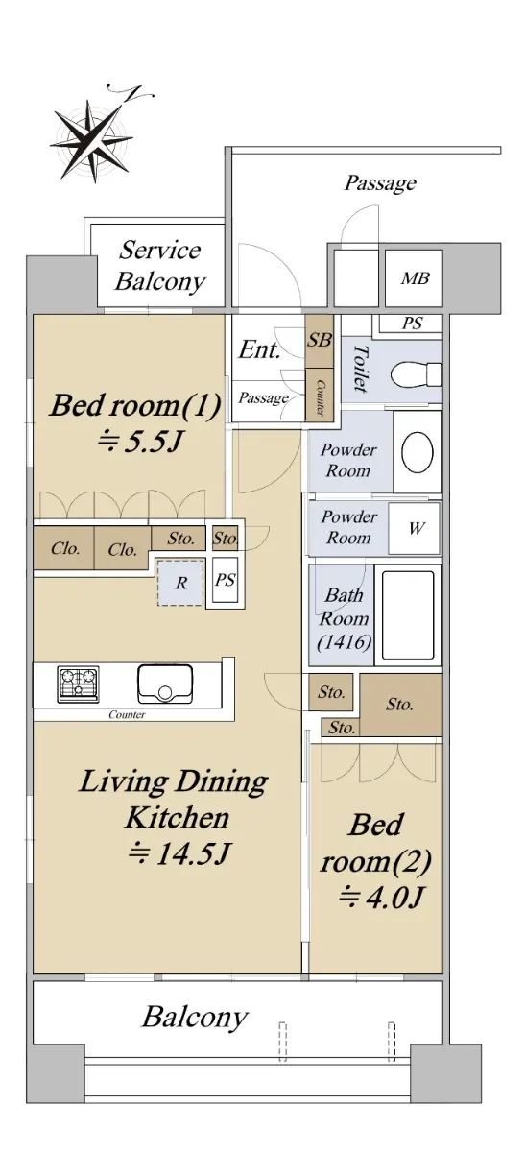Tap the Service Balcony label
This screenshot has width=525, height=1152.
point(160,266)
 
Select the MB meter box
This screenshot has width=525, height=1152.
point(414,278)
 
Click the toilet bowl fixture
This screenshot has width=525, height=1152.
point(416,374)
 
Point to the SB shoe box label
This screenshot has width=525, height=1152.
point(320,340)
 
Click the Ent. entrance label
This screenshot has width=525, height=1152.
point(259,349)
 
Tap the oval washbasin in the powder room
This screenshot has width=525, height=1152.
point(417,452)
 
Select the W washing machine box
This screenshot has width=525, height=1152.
point(415,528)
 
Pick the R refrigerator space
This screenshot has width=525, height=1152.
point(180,583)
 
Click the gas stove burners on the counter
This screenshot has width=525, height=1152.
point(78,684)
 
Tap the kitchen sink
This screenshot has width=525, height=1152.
point(165,684)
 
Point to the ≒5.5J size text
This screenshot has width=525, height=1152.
point(139,442)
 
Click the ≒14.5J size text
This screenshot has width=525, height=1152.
point(178,854)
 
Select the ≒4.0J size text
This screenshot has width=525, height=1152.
point(380,898)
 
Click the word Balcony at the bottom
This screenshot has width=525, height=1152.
point(195,1018)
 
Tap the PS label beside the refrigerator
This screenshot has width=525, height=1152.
point(225,580)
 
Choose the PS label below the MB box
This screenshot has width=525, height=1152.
point(412,324)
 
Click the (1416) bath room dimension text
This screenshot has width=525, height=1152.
point(344,642)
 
